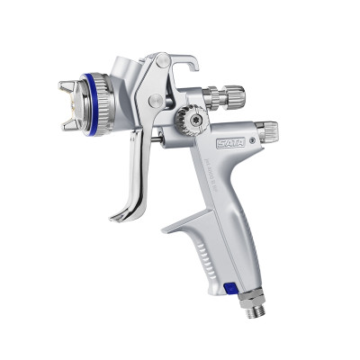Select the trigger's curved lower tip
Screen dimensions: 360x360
[118, 217]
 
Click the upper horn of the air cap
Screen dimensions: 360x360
[67, 87]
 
